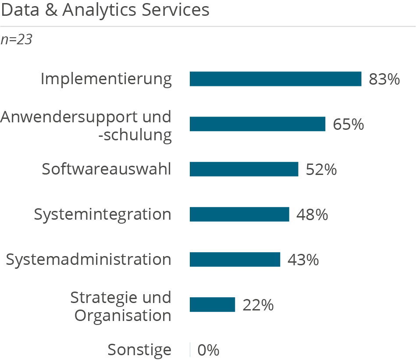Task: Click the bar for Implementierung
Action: (275, 79)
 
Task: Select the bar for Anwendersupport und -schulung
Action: (257, 124)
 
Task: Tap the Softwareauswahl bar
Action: (244, 169)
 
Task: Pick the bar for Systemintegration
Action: (239, 214)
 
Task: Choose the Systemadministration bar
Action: (235, 260)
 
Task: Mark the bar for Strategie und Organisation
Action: (213, 305)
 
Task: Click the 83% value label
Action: (384, 79)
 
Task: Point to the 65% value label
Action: (348, 125)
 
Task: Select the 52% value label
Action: (321, 170)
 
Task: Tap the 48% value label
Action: (312, 215)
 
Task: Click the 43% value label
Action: (303, 260)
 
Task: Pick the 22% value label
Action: (258, 305)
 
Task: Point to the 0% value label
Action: (208, 350)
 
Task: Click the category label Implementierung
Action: (106, 79)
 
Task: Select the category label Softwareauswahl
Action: (107, 169)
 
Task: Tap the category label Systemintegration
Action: (103, 214)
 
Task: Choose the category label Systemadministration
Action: (89, 260)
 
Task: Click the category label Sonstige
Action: (139, 350)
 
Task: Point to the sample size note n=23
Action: (17, 40)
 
